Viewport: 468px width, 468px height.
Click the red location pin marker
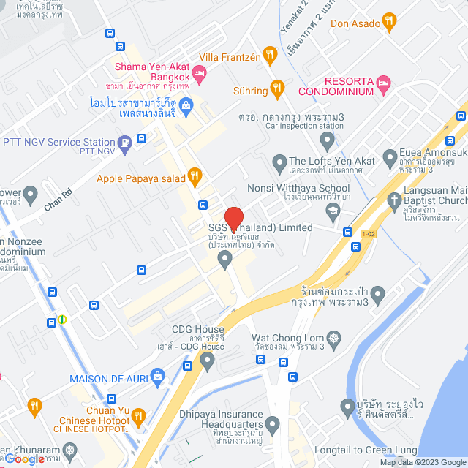[x=233, y=219]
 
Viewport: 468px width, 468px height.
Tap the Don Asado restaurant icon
[x=389, y=22]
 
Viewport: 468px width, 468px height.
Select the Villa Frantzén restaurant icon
[x=270, y=53]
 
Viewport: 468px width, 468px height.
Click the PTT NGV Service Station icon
[x=125, y=142]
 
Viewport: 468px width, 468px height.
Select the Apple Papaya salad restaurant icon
[x=194, y=176]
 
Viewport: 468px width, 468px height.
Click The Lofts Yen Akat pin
[x=279, y=161]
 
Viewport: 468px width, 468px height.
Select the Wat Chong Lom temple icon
[x=334, y=339]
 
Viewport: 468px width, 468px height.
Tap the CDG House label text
[x=197, y=329]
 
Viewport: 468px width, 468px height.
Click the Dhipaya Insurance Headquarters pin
[x=273, y=423]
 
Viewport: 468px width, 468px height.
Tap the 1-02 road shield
[x=370, y=234]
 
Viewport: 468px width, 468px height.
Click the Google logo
[x=24, y=458]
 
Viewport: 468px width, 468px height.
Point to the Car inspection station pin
[x=327, y=139]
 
